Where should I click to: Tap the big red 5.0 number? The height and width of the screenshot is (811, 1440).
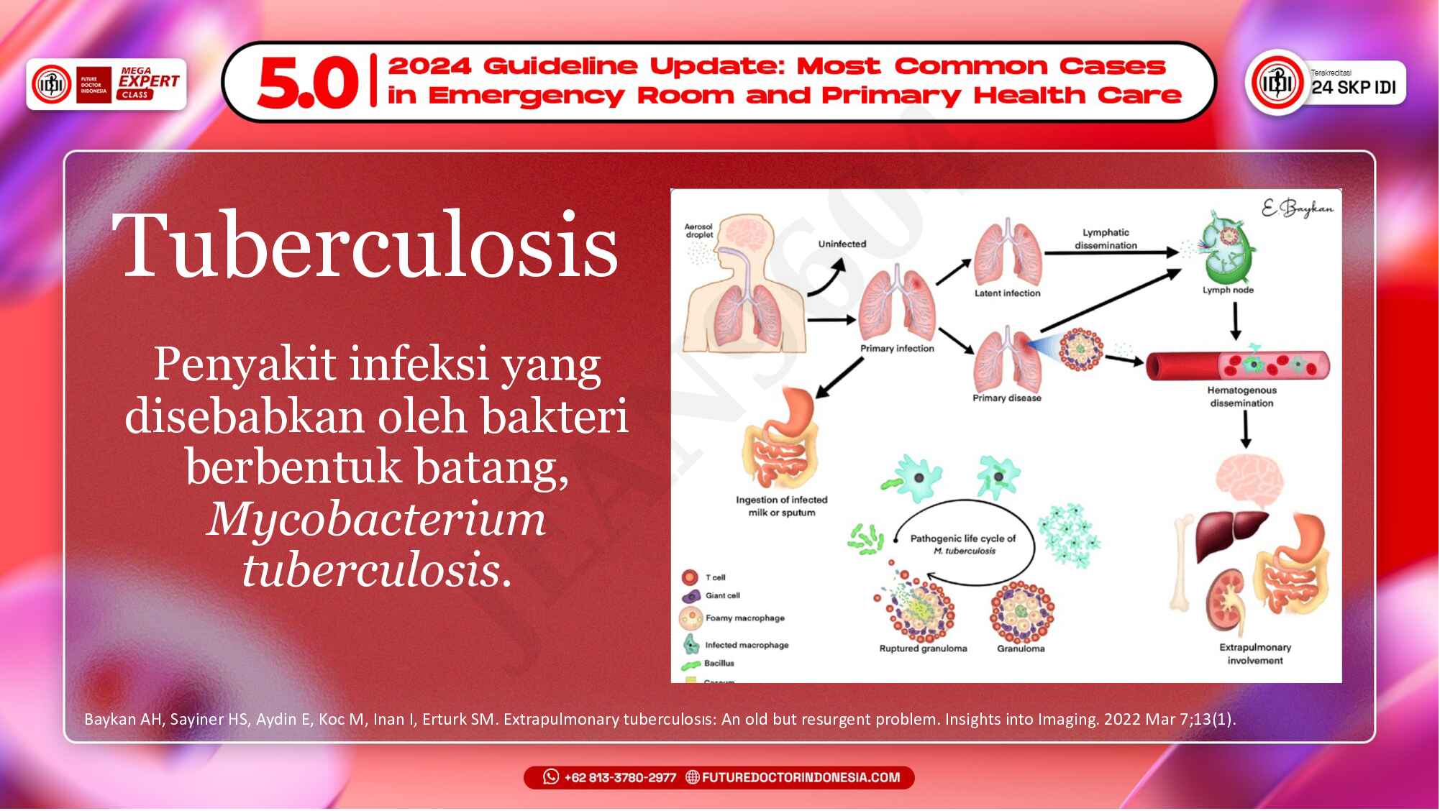[308, 83]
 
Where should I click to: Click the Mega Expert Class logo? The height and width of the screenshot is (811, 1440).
[148, 83]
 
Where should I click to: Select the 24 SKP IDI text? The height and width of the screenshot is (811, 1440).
[1353, 87]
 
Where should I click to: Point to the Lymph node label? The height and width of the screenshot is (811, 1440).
[1228, 290]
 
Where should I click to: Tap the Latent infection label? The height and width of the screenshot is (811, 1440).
[1007, 293]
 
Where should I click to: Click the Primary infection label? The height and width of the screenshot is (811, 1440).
[897, 349]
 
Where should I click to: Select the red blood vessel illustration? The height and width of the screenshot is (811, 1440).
[1237, 365]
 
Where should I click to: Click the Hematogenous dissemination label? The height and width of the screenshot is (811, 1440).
[1241, 397]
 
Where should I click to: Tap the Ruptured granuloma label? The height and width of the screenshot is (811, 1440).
[923, 649]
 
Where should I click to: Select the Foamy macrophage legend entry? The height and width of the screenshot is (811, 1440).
[744, 618]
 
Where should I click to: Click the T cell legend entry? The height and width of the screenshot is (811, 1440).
[714, 577]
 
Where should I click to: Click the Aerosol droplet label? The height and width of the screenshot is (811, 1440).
[698, 231]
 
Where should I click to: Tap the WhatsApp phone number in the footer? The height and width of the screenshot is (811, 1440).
[619, 778]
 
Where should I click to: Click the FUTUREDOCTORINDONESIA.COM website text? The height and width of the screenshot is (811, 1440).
[800, 778]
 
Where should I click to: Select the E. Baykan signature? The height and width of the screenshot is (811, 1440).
[1297, 209]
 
